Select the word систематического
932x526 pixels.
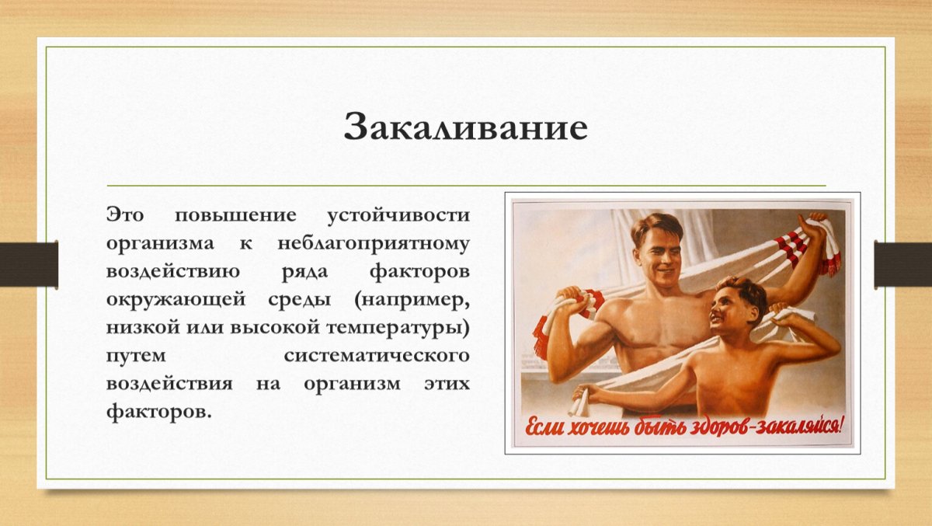pyautogui.click(x=377, y=356)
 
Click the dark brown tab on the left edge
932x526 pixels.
pyautogui.click(x=29, y=264)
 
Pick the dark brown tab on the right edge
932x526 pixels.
pyautogui.click(x=902, y=264)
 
